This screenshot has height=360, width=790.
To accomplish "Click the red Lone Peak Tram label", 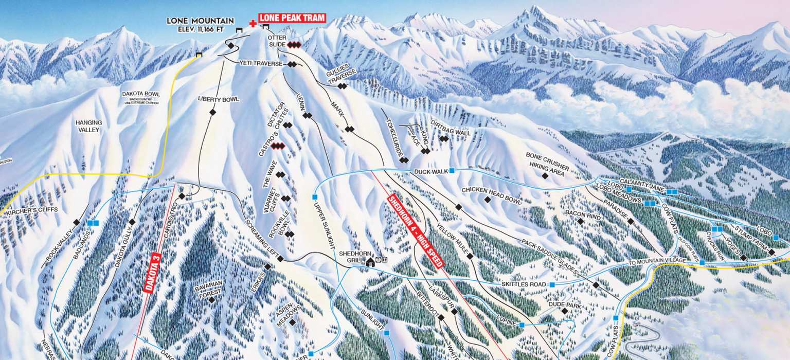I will pyautogui.click(x=292, y=18).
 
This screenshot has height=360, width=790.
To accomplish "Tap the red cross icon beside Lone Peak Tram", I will pyautogui.click(x=253, y=23).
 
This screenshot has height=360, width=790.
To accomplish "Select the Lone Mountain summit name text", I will pyautogui.click(x=200, y=21).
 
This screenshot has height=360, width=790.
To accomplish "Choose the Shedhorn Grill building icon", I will pyautogui.click(x=370, y=262).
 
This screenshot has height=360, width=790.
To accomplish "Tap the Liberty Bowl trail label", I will pyautogui.click(x=219, y=99).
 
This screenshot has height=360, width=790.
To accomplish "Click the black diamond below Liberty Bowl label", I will pyautogui.click(x=212, y=112).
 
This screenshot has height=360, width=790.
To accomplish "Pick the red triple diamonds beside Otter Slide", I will pyautogui.click(x=294, y=45).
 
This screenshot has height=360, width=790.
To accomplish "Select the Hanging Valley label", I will pyautogui.click(x=89, y=127).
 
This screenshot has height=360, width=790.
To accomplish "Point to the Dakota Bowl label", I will pyautogui.click(x=141, y=94).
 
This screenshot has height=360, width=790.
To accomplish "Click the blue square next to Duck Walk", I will pyautogui.click(x=452, y=171).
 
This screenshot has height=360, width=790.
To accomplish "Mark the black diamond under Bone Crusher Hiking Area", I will pyautogui.click(x=545, y=176).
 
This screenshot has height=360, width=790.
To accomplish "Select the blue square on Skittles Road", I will pyautogui.click(x=552, y=284).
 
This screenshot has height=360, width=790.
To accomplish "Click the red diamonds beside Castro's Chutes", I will pyautogui.click(x=278, y=147).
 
